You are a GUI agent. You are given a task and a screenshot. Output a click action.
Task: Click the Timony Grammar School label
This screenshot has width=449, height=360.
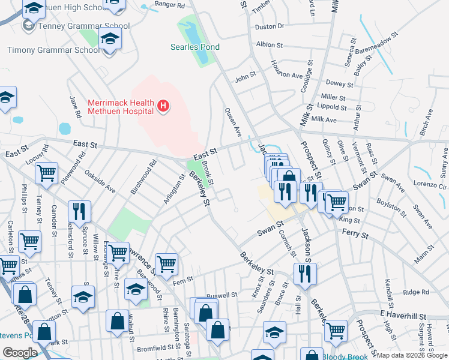pos(53,50)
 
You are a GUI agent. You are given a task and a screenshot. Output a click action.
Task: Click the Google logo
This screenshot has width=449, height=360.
pos(20,353)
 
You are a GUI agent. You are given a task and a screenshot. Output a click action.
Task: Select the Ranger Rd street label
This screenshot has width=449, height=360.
pos(169,5)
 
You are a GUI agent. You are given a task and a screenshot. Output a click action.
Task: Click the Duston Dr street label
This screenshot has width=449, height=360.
pos(270,26)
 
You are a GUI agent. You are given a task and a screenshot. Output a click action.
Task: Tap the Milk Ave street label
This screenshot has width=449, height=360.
pos(324,120)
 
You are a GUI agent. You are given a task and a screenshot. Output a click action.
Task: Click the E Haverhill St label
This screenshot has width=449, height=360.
pos(402,316)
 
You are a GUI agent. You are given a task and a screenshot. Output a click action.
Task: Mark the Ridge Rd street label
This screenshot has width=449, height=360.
pos(416,292)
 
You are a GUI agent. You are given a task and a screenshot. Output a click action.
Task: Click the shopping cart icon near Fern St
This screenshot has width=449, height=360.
pos(166,263)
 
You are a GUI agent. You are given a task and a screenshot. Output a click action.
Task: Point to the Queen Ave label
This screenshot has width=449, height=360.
pos(232,120)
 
